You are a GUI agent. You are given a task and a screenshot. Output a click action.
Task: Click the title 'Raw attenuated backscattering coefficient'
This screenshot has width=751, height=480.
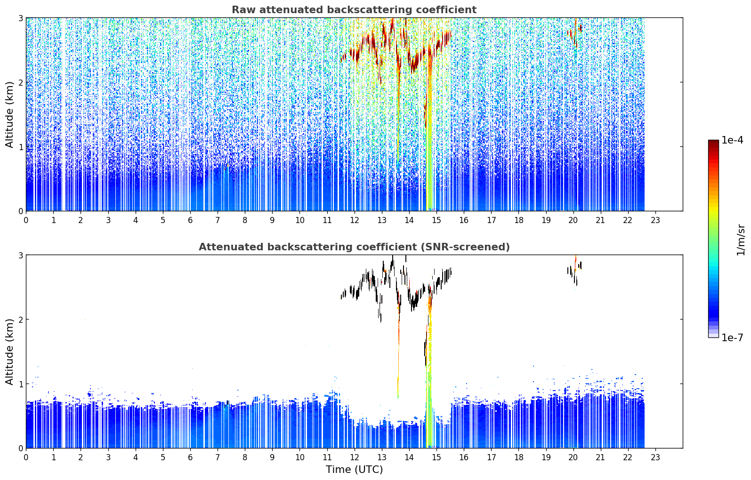click(x=354, y=10)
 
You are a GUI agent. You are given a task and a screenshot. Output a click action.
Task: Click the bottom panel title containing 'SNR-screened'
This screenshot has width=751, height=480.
click(x=354, y=247)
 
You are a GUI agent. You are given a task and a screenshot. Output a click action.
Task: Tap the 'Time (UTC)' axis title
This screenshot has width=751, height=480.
click(x=354, y=469)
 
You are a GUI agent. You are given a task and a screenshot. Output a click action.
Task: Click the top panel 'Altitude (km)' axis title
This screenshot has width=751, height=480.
click(x=9, y=115)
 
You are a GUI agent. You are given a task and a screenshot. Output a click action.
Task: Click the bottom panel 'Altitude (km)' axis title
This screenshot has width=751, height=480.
click(x=9, y=352)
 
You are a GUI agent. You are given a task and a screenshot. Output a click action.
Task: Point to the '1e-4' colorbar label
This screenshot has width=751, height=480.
click(x=732, y=140)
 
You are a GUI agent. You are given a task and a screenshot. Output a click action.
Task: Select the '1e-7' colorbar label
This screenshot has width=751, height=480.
click(x=732, y=337)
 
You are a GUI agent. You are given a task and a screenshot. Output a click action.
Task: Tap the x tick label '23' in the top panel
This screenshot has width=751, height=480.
click(x=655, y=220)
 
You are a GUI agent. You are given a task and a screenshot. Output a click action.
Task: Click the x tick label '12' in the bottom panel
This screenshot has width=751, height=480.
click(x=355, y=457)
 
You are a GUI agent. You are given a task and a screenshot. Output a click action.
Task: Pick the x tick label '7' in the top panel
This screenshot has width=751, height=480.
click(x=218, y=220)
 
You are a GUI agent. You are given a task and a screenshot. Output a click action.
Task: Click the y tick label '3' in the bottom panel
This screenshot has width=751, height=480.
click(x=20, y=255)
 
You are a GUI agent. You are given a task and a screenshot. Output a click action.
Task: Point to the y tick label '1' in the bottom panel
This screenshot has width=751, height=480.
click(x=20, y=384)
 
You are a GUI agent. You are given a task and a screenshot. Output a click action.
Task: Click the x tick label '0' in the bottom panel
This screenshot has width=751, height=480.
click(x=26, y=457)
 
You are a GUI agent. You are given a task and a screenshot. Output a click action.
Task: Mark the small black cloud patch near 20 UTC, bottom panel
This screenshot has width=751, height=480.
click(x=574, y=272)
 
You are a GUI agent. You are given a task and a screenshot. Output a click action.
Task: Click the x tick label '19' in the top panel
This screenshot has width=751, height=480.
click(x=546, y=220)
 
